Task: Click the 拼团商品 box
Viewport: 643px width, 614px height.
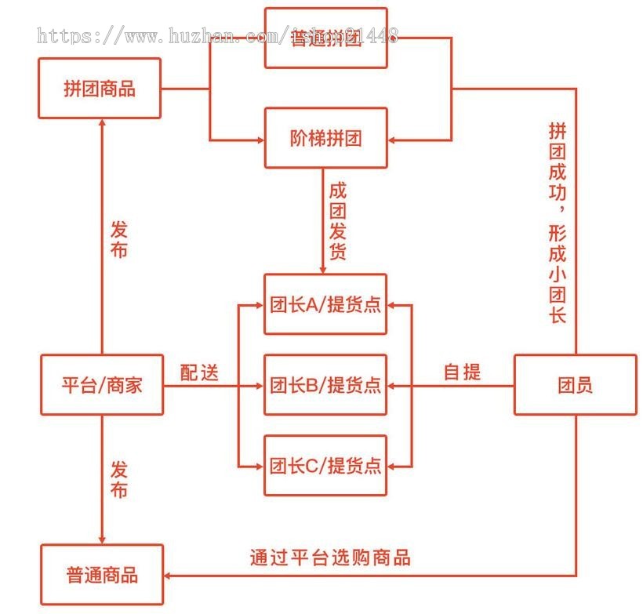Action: coord(100,88)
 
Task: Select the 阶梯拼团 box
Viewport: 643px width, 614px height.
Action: coord(325,138)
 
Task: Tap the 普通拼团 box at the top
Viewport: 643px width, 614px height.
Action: coord(325,38)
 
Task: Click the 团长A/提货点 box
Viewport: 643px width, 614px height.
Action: coord(325,304)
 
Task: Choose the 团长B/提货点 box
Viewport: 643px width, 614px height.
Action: coord(325,385)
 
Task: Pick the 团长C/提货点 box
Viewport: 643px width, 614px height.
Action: coord(325,465)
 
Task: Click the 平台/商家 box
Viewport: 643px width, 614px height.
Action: coord(102,385)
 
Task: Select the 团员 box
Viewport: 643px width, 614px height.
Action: coord(575,385)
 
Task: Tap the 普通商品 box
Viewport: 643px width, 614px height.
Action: coord(102,575)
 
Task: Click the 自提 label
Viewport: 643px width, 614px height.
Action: coord(462,372)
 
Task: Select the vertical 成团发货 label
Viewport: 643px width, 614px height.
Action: coord(337,222)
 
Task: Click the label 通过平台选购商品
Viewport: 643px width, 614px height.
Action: coord(330,558)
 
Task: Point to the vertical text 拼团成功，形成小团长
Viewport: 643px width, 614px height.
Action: coord(558,223)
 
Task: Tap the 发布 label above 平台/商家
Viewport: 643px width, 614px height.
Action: coord(118,240)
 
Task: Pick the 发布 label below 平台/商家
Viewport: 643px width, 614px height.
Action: coord(118,480)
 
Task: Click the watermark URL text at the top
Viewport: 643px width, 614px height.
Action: coord(218,35)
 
